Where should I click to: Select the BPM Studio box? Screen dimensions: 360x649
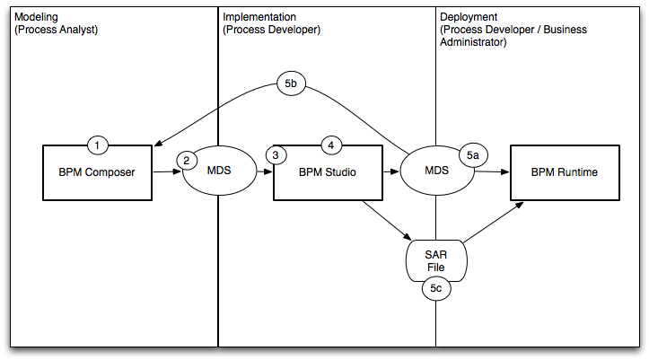328,172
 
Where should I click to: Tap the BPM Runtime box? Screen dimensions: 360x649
564,172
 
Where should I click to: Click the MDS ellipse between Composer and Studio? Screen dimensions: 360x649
218,171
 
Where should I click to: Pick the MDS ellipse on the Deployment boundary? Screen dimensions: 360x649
436,171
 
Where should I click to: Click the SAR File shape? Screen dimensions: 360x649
436,259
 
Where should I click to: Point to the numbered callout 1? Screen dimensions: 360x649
99,145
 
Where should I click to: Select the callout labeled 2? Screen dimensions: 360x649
186,161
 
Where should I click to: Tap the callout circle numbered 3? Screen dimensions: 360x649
276,155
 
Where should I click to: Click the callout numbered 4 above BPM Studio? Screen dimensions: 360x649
330,145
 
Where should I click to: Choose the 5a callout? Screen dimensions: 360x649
473,155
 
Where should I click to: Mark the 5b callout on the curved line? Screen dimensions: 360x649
291,84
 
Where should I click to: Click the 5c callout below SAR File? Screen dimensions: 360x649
435,289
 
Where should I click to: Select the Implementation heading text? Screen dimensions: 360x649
260,17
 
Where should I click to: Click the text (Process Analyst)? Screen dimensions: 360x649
56,30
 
